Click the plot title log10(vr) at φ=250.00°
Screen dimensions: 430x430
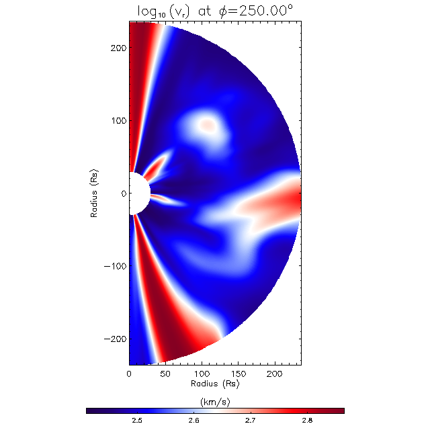(215, 10)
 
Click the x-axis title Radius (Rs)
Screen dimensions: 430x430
(215, 384)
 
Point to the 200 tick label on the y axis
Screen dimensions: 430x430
(118, 48)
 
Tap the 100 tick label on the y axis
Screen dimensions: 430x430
(118, 121)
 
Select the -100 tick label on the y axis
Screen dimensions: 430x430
(116, 265)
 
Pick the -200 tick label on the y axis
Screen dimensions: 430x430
(116, 337)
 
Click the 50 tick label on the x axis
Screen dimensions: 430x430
(165, 372)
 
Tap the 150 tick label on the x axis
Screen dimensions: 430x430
(237, 372)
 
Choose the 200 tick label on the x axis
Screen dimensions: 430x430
(273, 372)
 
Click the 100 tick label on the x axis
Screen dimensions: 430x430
(201, 372)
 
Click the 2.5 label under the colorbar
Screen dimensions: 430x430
(136, 420)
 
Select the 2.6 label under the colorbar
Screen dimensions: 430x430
(193, 420)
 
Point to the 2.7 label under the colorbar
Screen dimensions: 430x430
(250, 420)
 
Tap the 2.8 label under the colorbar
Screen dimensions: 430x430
(307, 420)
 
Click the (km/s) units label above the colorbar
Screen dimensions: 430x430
(215, 400)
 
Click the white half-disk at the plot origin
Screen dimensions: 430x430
(137, 193)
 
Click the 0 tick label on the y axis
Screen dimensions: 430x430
(123, 193)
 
